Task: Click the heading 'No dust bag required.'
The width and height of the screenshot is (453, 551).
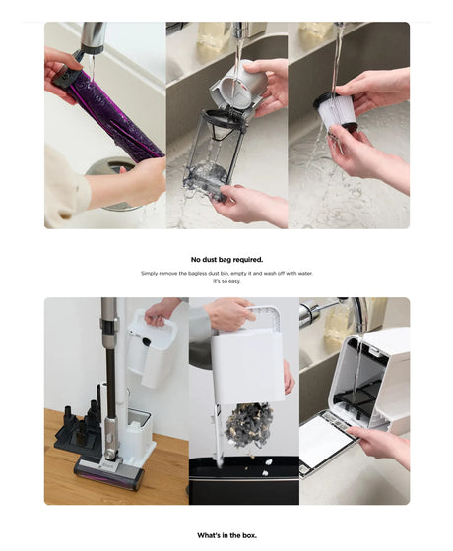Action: (226, 260)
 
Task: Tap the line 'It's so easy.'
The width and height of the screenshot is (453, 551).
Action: (226, 281)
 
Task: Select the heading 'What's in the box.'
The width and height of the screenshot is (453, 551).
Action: (226, 536)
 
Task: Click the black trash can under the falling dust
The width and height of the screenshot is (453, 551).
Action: (244, 481)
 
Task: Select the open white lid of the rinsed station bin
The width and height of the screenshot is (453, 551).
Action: (329, 442)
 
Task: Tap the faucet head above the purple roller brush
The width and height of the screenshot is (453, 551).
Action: (93, 38)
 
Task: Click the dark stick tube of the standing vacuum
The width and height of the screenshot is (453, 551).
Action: (109, 380)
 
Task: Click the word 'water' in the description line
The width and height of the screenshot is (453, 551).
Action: (304, 274)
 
